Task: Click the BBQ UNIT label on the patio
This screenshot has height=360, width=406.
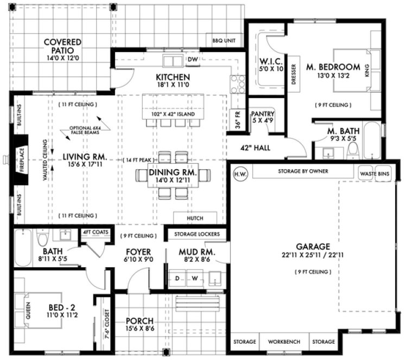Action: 224,40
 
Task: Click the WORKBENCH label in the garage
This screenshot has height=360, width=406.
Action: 281,342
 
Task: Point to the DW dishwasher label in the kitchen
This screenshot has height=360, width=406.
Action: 192,59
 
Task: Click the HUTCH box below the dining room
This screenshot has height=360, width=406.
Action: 195,218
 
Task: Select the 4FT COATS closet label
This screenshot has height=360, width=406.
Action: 96,232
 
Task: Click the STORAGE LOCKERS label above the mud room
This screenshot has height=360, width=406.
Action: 196,234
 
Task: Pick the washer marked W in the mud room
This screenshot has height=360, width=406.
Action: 193,279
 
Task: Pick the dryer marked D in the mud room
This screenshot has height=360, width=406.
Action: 176,279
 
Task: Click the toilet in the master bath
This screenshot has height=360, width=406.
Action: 351,149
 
